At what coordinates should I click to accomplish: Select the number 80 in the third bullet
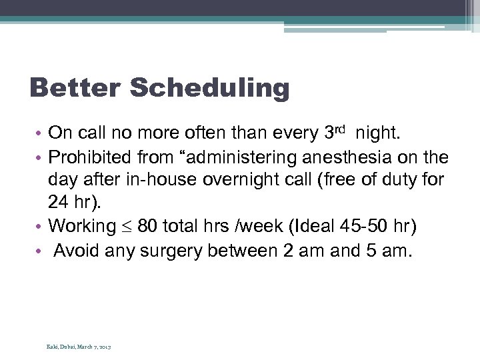click(148, 226)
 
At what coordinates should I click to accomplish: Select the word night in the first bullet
click(377, 134)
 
